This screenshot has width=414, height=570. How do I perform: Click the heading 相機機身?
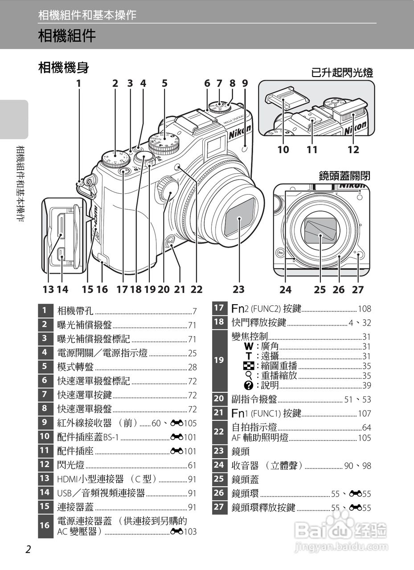[x=64, y=68]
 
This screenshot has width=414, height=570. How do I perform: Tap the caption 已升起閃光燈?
[x=342, y=73]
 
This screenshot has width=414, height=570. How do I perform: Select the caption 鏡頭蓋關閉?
[x=344, y=175]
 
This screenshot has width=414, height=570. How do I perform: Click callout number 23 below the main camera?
[x=238, y=289]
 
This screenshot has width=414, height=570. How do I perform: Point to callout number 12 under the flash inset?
[x=353, y=150]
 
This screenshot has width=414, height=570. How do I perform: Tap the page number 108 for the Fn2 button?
[x=364, y=309]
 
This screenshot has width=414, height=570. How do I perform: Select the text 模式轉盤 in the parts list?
[x=75, y=367]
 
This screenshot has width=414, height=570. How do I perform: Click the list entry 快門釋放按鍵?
[x=259, y=322]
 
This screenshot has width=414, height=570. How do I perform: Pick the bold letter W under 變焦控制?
[x=249, y=346]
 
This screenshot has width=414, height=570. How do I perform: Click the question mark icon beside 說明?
[x=249, y=385]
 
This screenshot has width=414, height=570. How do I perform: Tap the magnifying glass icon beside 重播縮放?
[x=249, y=375]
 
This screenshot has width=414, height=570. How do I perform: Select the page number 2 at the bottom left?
[x=28, y=550]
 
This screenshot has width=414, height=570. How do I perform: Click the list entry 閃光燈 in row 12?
[x=71, y=465]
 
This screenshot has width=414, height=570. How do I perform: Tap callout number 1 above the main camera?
[x=79, y=83]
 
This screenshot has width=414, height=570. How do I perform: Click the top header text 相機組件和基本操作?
[x=87, y=15]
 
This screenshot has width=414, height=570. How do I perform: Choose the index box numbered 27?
[x=219, y=507]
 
